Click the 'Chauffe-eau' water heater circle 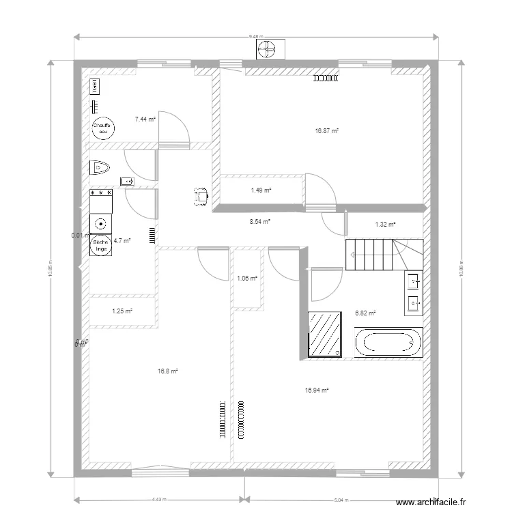click(102, 130)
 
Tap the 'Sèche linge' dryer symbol click(100, 245)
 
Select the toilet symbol click(100, 166)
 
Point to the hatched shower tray click(325, 335)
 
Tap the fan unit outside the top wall click(266, 48)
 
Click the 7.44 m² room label click(145, 119)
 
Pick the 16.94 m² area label click(317, 390)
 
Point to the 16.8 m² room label click(167, 371)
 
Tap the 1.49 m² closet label click(261, 190)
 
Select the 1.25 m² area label click(122, 311)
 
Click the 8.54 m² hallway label click(260, 221)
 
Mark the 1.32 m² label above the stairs click(386, 223)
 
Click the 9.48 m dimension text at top click(256, 35)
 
